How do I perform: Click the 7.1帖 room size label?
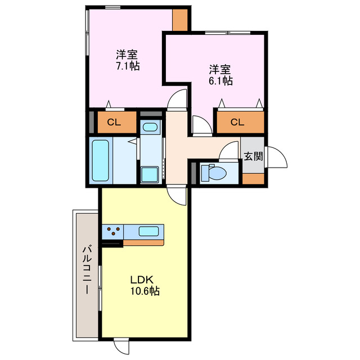128,66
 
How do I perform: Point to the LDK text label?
142,280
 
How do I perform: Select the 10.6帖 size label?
145,291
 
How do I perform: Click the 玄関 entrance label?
253,156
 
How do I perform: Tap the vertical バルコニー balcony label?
87,271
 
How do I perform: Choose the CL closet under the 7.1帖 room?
114,121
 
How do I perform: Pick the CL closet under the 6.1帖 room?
237,121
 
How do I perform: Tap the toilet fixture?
217,172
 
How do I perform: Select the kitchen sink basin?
148,231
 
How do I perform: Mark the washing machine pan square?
150,174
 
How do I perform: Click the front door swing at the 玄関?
276,158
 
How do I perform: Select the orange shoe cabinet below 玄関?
253,178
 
